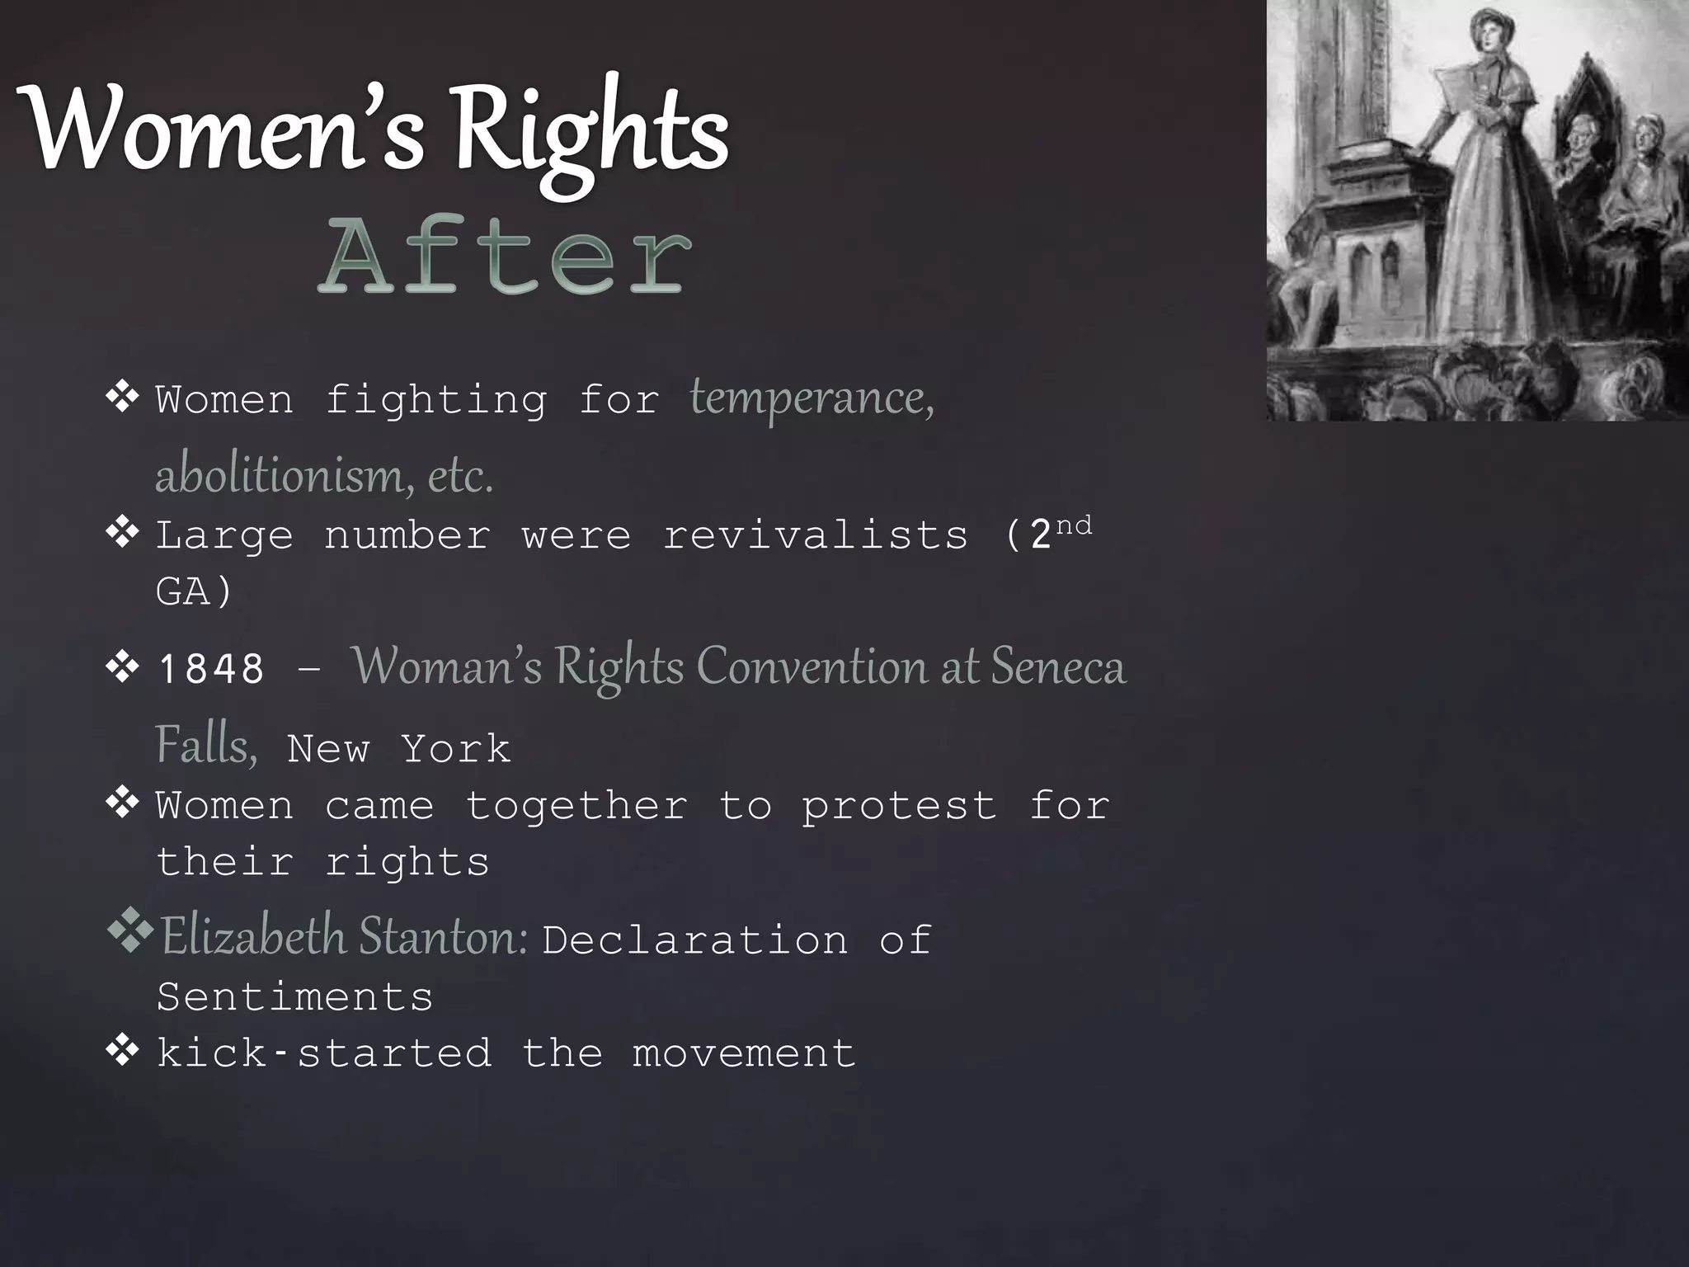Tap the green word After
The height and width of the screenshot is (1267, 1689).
tap(505, 255)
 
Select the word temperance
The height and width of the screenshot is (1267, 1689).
tap(812, 398)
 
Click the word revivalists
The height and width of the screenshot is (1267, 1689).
tap(816, 535)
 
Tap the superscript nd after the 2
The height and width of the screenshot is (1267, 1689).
tap(1074, 525)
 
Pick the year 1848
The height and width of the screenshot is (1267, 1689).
tap(211, 668)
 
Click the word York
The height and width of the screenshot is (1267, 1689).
tap(456, 749)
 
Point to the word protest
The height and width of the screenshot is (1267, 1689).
tap(899, 806)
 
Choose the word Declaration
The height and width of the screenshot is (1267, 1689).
tap(694, 940)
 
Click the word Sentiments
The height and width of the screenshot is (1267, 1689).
tap(294, 996)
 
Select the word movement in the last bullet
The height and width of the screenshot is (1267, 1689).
tap(744, 1053)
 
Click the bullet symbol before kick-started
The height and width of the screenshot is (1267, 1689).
tap(122, 1052)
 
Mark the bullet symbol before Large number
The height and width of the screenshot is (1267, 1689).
tap(122, 534)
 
